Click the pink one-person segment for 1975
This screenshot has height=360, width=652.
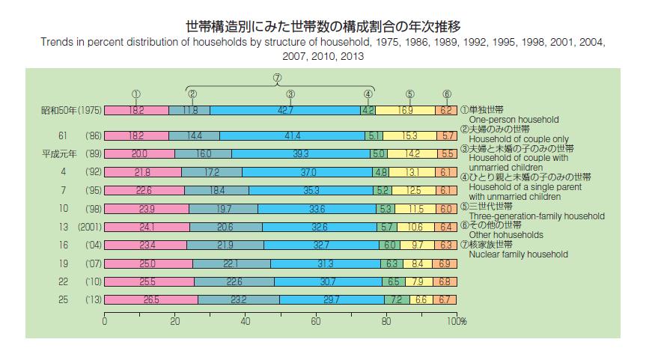(136, 111)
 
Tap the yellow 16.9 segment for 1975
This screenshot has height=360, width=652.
(405, 111)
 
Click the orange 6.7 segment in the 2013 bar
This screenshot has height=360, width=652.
(444, 299)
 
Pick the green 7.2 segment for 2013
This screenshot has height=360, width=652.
(396, 299)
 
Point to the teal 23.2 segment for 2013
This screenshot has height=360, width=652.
(239, 299)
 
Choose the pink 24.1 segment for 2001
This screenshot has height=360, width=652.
(146, 227)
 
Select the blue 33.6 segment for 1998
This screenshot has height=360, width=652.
(317, 208)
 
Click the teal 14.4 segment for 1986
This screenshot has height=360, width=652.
(194, 136)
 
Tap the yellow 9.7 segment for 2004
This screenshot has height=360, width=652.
(417, 245)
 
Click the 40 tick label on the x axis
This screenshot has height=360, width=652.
(246, 321)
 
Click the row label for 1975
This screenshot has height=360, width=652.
(70, 111)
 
